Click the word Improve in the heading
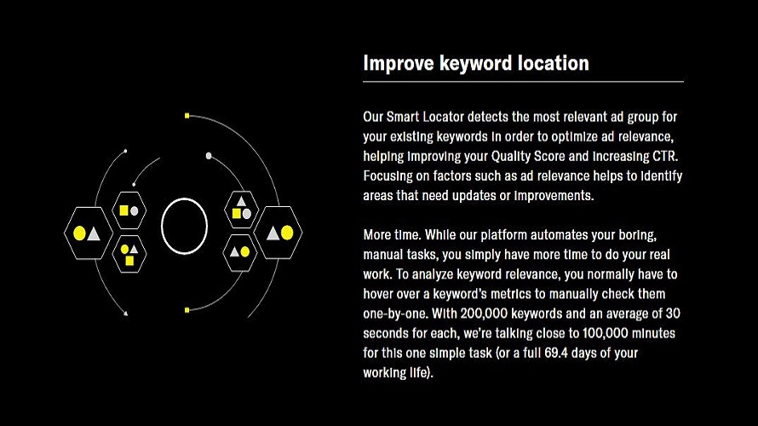click(399, 63)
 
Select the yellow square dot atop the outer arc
click(187, 116)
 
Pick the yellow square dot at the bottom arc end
click(187, 310)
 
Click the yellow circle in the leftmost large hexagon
click(79, 233)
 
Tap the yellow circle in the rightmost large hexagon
click(287, 233)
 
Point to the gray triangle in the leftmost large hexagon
click(94, 234)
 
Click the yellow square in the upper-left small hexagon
click(123, 210)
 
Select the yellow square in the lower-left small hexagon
click(129, 261)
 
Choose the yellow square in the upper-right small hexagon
click(237, 213)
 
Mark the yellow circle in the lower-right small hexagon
click(245, 252)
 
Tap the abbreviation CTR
click(665, 156)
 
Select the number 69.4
click(556, 353)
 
